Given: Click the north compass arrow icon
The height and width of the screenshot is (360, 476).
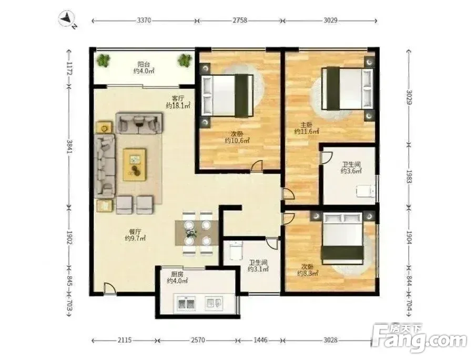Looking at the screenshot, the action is click(67, 19).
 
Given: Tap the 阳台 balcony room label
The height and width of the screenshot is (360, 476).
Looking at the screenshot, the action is click(143, 64).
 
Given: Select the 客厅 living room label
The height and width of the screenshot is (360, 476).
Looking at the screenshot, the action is click(178, 99).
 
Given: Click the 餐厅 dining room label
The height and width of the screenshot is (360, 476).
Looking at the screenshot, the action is click(135, 232).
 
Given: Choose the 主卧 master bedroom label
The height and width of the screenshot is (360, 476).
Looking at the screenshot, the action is click(307, 125).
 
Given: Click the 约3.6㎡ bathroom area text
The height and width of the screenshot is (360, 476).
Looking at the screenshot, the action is click(351, 171).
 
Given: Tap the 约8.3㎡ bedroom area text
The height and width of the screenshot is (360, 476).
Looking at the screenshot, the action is click(308, 273).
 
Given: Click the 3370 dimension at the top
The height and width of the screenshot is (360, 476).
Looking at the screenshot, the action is click(144, 21).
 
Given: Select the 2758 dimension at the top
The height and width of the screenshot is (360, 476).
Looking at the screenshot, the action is click(240, 21).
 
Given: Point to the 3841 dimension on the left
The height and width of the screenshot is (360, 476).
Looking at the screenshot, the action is click(69, 147).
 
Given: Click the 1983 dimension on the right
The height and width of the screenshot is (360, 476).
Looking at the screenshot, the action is click(409, 177).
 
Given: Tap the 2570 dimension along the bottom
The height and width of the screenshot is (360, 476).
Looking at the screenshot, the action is click(198, 340).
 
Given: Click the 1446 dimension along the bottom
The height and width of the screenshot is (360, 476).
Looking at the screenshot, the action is click(260, 340).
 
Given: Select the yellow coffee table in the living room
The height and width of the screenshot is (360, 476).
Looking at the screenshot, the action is click(135, 164).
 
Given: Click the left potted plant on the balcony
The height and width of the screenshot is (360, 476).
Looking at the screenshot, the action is click(104, 61).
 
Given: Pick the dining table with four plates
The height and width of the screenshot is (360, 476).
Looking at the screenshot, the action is click(197, 233).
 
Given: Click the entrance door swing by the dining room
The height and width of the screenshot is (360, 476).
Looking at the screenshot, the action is click(110, 288).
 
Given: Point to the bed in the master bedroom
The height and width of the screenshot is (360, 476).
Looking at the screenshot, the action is click(347, 88).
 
